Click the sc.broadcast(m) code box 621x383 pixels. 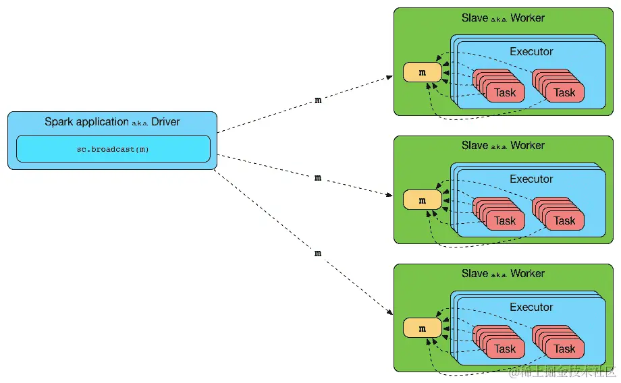113,149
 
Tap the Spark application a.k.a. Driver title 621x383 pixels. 112,122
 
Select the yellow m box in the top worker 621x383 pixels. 422,72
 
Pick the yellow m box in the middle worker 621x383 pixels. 422,200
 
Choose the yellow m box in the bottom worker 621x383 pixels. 422,328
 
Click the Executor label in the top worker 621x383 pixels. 531,51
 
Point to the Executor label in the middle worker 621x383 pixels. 531,179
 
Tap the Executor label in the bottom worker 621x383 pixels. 531,307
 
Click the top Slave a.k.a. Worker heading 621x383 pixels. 503,18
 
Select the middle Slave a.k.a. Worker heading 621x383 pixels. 503,146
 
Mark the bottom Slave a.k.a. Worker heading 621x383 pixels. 503,273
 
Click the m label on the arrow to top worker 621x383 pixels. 318,100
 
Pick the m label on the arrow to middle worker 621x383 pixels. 318,177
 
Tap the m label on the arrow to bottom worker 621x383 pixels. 318,254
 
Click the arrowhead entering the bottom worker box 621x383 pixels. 390,312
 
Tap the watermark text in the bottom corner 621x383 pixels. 562,372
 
